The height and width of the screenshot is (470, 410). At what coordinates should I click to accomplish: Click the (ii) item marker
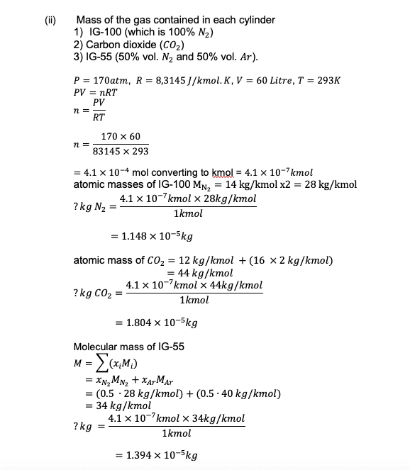[52, 19]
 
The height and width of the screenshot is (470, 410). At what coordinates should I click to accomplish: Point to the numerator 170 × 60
[121, 136]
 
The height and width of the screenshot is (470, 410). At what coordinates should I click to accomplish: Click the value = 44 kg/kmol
[199, 273]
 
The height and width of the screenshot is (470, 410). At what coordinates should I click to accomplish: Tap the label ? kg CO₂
[94, 293]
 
